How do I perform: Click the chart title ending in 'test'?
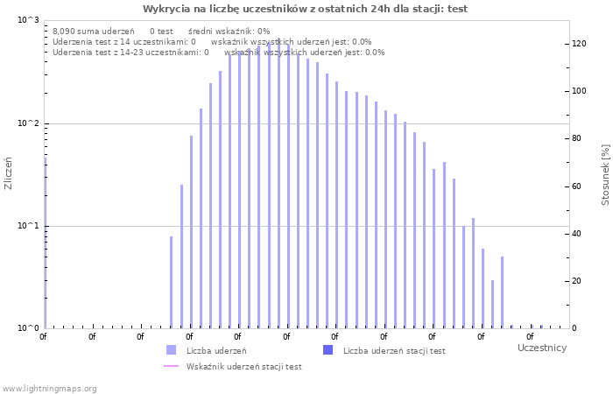pyautogui.click(x=305, y=9)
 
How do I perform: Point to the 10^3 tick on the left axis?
pyautogui.click(x=29, y=20)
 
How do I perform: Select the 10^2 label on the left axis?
pyautogui.click(x=29, y=123)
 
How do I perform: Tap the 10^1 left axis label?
pyautogui.click(x=29, y=226)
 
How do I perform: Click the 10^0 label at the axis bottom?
pyautogui.click(x=29, y=328)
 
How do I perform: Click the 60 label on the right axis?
pyautogui.click(x=576, y=186)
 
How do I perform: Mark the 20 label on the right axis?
pyautogui.click(x=576, y=281)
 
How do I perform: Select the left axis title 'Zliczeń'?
pyautogui.click(x=8, y=173)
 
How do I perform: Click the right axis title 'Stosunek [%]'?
pyautogui.click(x=605, y=175)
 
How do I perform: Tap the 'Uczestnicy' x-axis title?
pyautogui.click(x=542, y=348)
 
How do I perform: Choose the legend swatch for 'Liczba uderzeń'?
pyautogui.click(x=172, y=350)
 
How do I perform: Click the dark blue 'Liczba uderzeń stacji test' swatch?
pyautogui.click(x=328, y=350)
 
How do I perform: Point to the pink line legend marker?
pyautogui.click(x=172, y=366)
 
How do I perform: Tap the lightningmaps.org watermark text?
pyautogui.click(x=49, y=389)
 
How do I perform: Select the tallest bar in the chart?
pyautogui.click(x=278, y=183)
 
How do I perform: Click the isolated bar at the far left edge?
pyautogui.click(x=46, y=243)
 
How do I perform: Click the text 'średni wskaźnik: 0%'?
pyautogui.click(x=229, y=32)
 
